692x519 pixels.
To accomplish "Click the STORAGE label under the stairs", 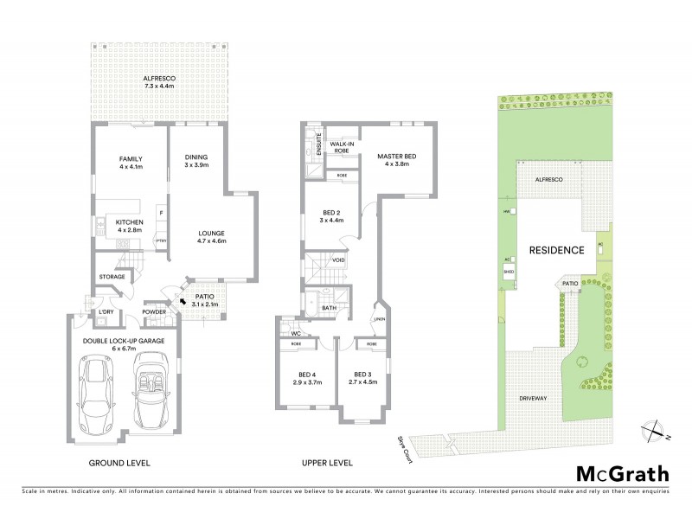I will pyautogui.click(x=112, y=277).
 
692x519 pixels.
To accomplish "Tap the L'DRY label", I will pyautogui.click(x=106, y=311).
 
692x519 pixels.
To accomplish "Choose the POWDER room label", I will pyautogui.click(x=154, y=311).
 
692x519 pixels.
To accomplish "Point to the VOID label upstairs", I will pyautogui.click(x=338, y=259).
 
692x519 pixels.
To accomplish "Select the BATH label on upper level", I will pyautogui.click(x=330, y=307).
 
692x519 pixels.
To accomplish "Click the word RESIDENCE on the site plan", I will pyautogui.click(x=556, y=249).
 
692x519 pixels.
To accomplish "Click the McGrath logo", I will pyautogui.click(x=622, y=473).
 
